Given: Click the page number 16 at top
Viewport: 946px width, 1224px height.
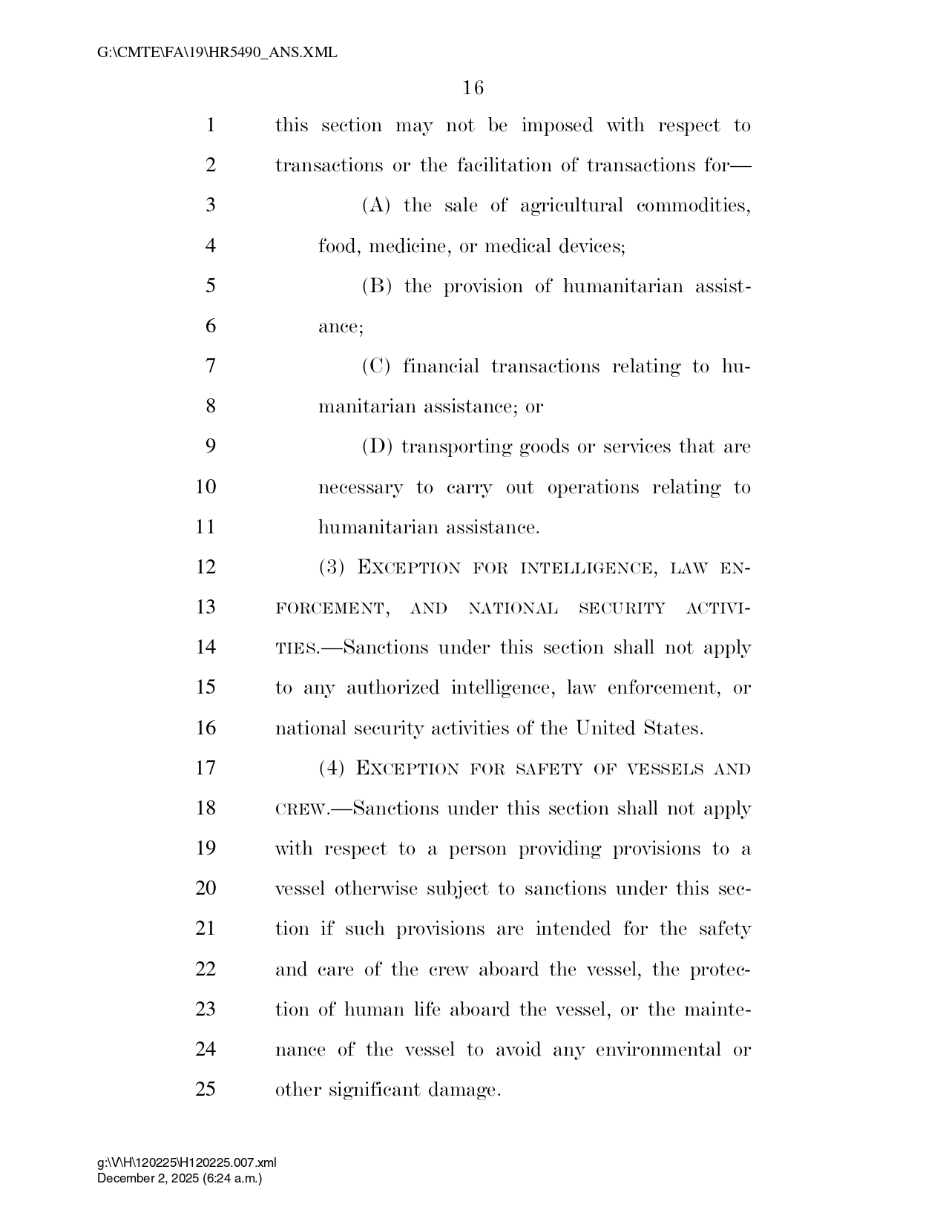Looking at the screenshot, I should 473,88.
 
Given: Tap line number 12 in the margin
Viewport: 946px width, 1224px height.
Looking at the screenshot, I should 206,567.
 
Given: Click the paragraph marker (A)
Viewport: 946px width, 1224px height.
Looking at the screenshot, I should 376,205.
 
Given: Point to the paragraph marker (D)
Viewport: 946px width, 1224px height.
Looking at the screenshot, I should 377,447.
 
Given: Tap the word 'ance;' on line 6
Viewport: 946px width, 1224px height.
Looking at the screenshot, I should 341,327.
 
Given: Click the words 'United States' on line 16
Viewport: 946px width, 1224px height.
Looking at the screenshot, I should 639,728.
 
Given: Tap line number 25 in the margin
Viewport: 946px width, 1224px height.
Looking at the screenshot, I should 206,1090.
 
